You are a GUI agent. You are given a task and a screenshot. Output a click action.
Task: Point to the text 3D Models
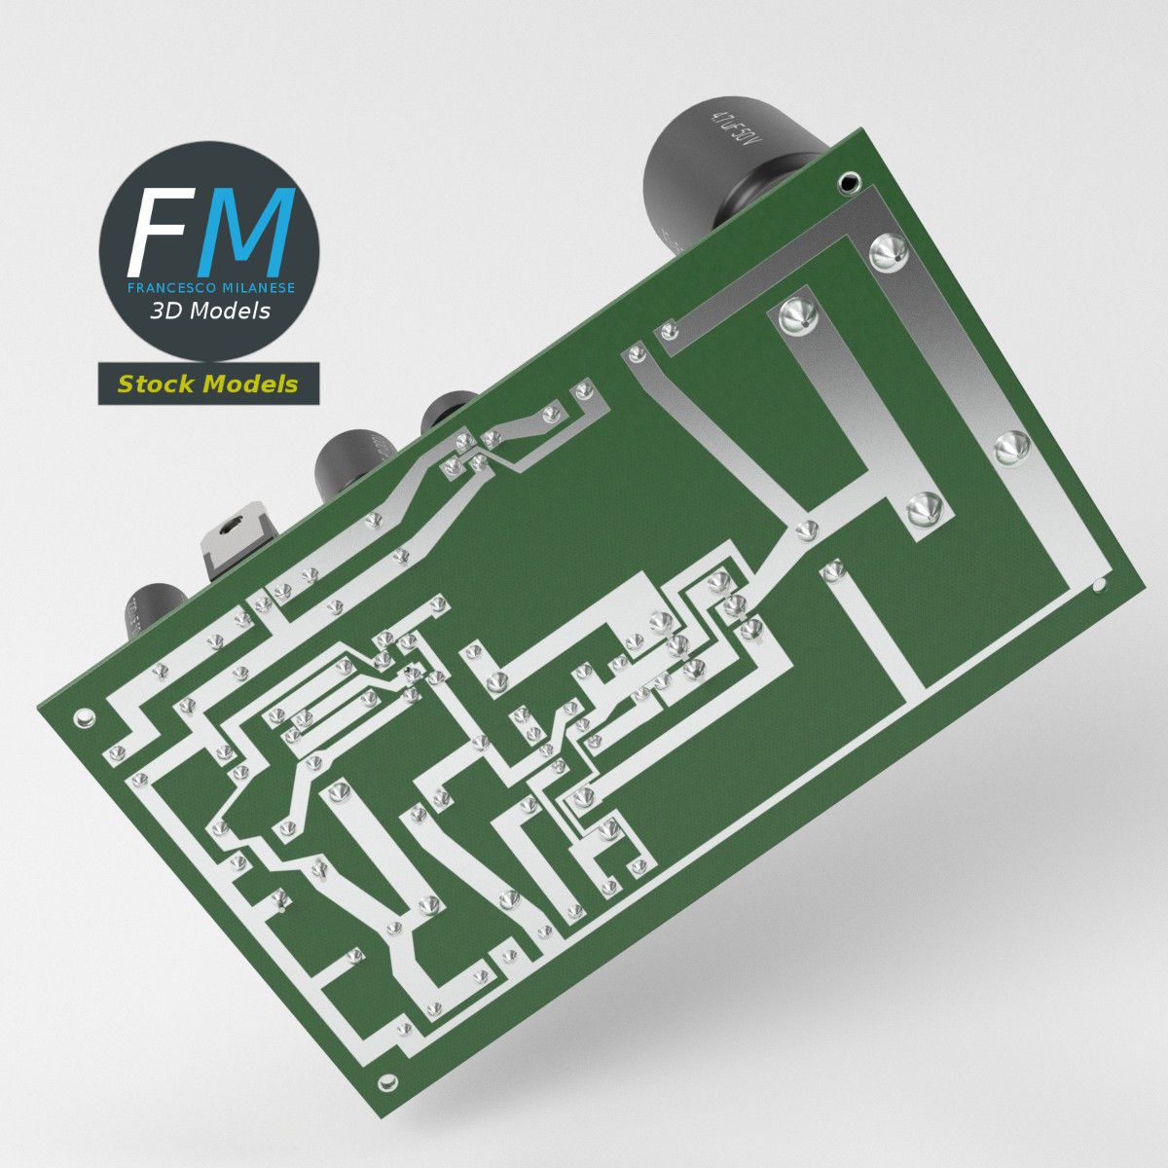click(x=209, y=311)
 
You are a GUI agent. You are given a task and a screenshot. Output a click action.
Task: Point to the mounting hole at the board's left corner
click(x=85, y=718)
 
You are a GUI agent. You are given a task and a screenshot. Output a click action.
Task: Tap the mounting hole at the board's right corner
click(x=1100, y=586)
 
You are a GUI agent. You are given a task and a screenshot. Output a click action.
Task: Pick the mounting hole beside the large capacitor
click(x=850, y=180)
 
